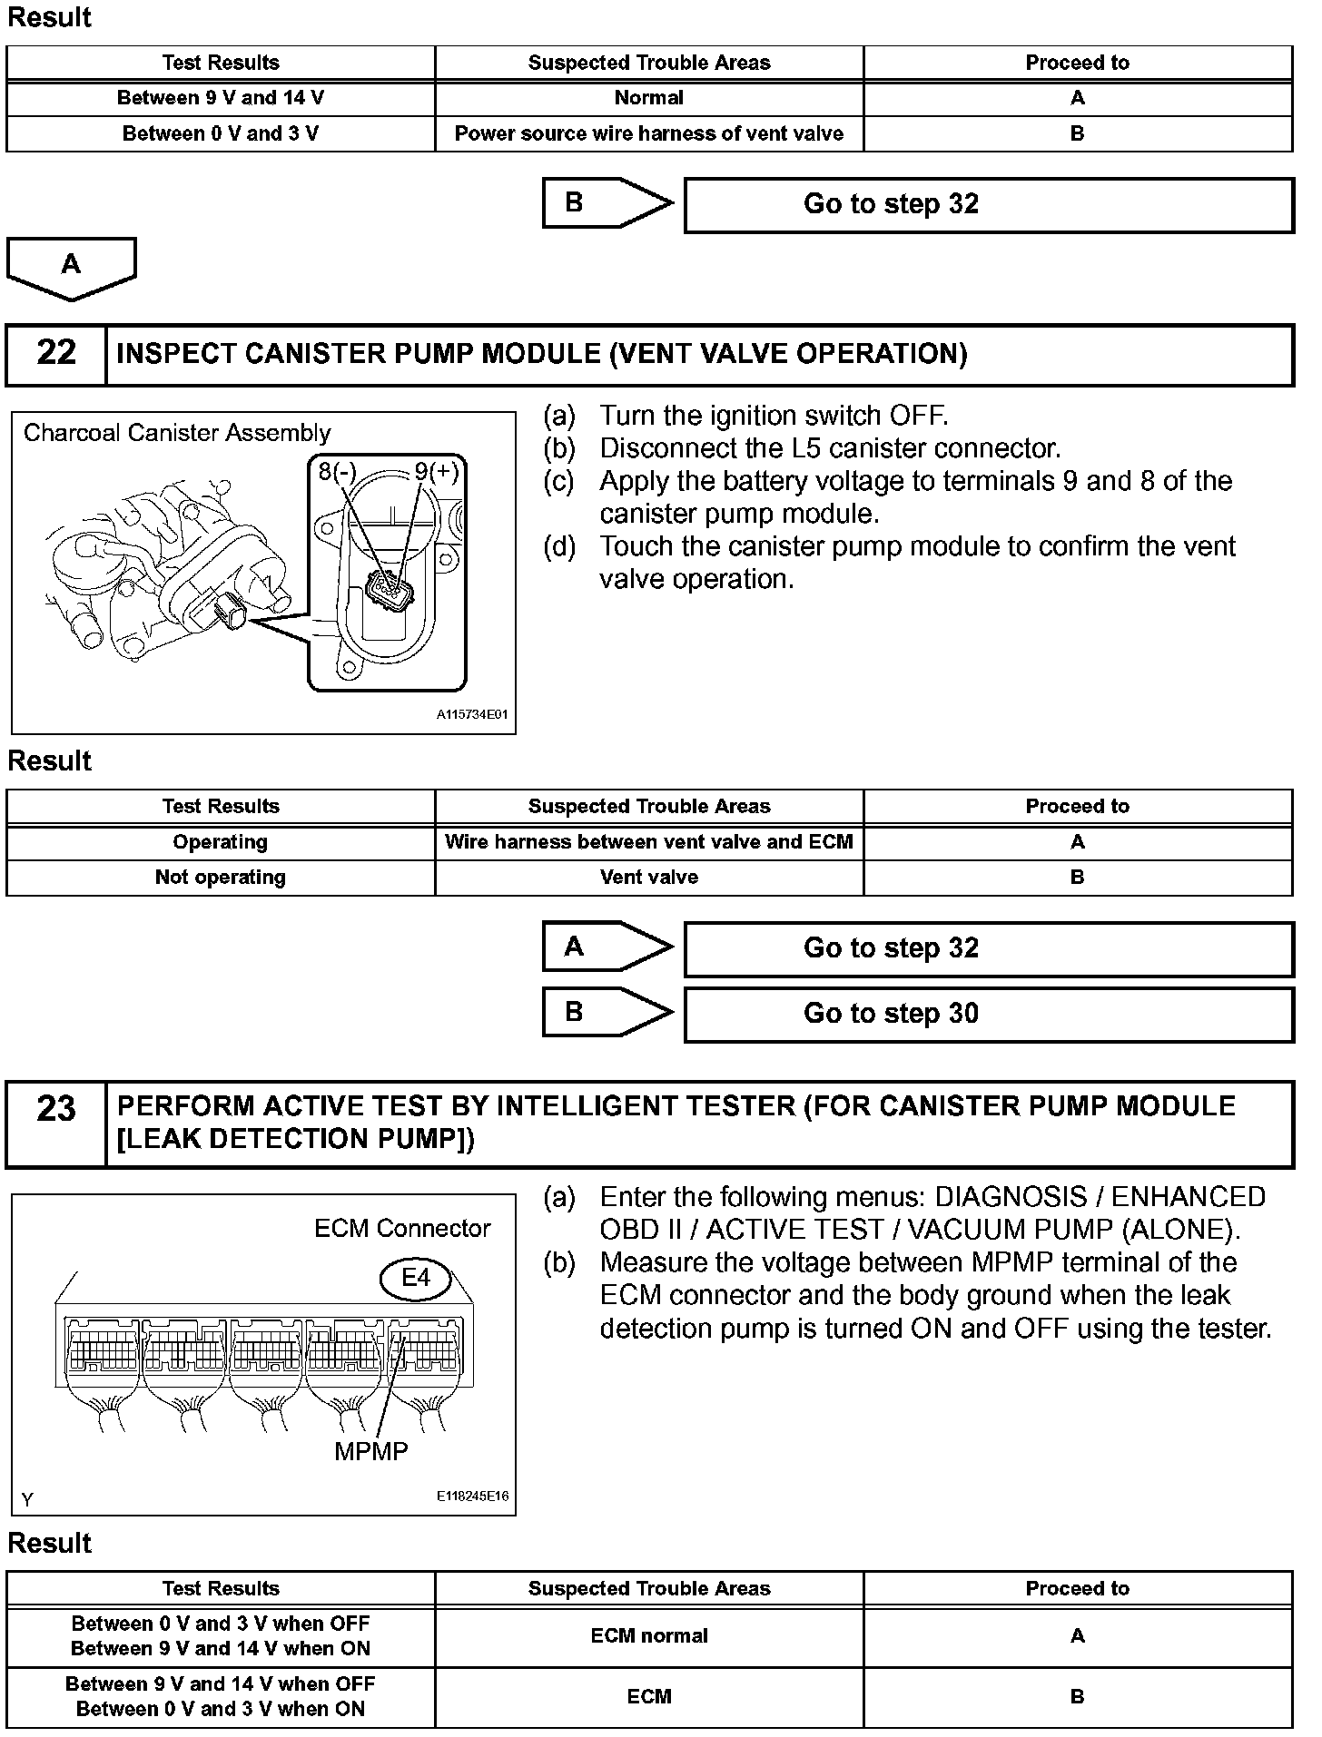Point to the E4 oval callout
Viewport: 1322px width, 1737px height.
click(x=415, y=1278)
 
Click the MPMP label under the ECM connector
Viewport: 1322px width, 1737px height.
click(x=370, y=1451)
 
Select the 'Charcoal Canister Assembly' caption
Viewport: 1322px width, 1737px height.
click(x=177, y=433)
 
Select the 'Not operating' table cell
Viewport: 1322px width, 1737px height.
click(x=221, y=877)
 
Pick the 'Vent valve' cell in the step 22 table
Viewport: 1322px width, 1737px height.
click(x=648, y=877)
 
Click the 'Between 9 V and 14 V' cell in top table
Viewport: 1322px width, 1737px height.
click(x=221, y=98)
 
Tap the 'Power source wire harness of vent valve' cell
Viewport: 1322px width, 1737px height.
click(x=648, y=133)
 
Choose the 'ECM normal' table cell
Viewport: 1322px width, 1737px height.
click(x=648, y=1635)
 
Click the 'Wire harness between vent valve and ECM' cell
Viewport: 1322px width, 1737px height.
click(x=648, y=841)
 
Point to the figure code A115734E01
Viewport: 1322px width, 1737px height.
click(x=472, y=714)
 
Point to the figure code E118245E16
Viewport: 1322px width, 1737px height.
click(x=472, y=1497)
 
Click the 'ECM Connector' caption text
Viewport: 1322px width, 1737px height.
click(x=402, y=1228)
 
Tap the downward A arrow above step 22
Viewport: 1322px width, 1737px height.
click(x=71, y=267)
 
